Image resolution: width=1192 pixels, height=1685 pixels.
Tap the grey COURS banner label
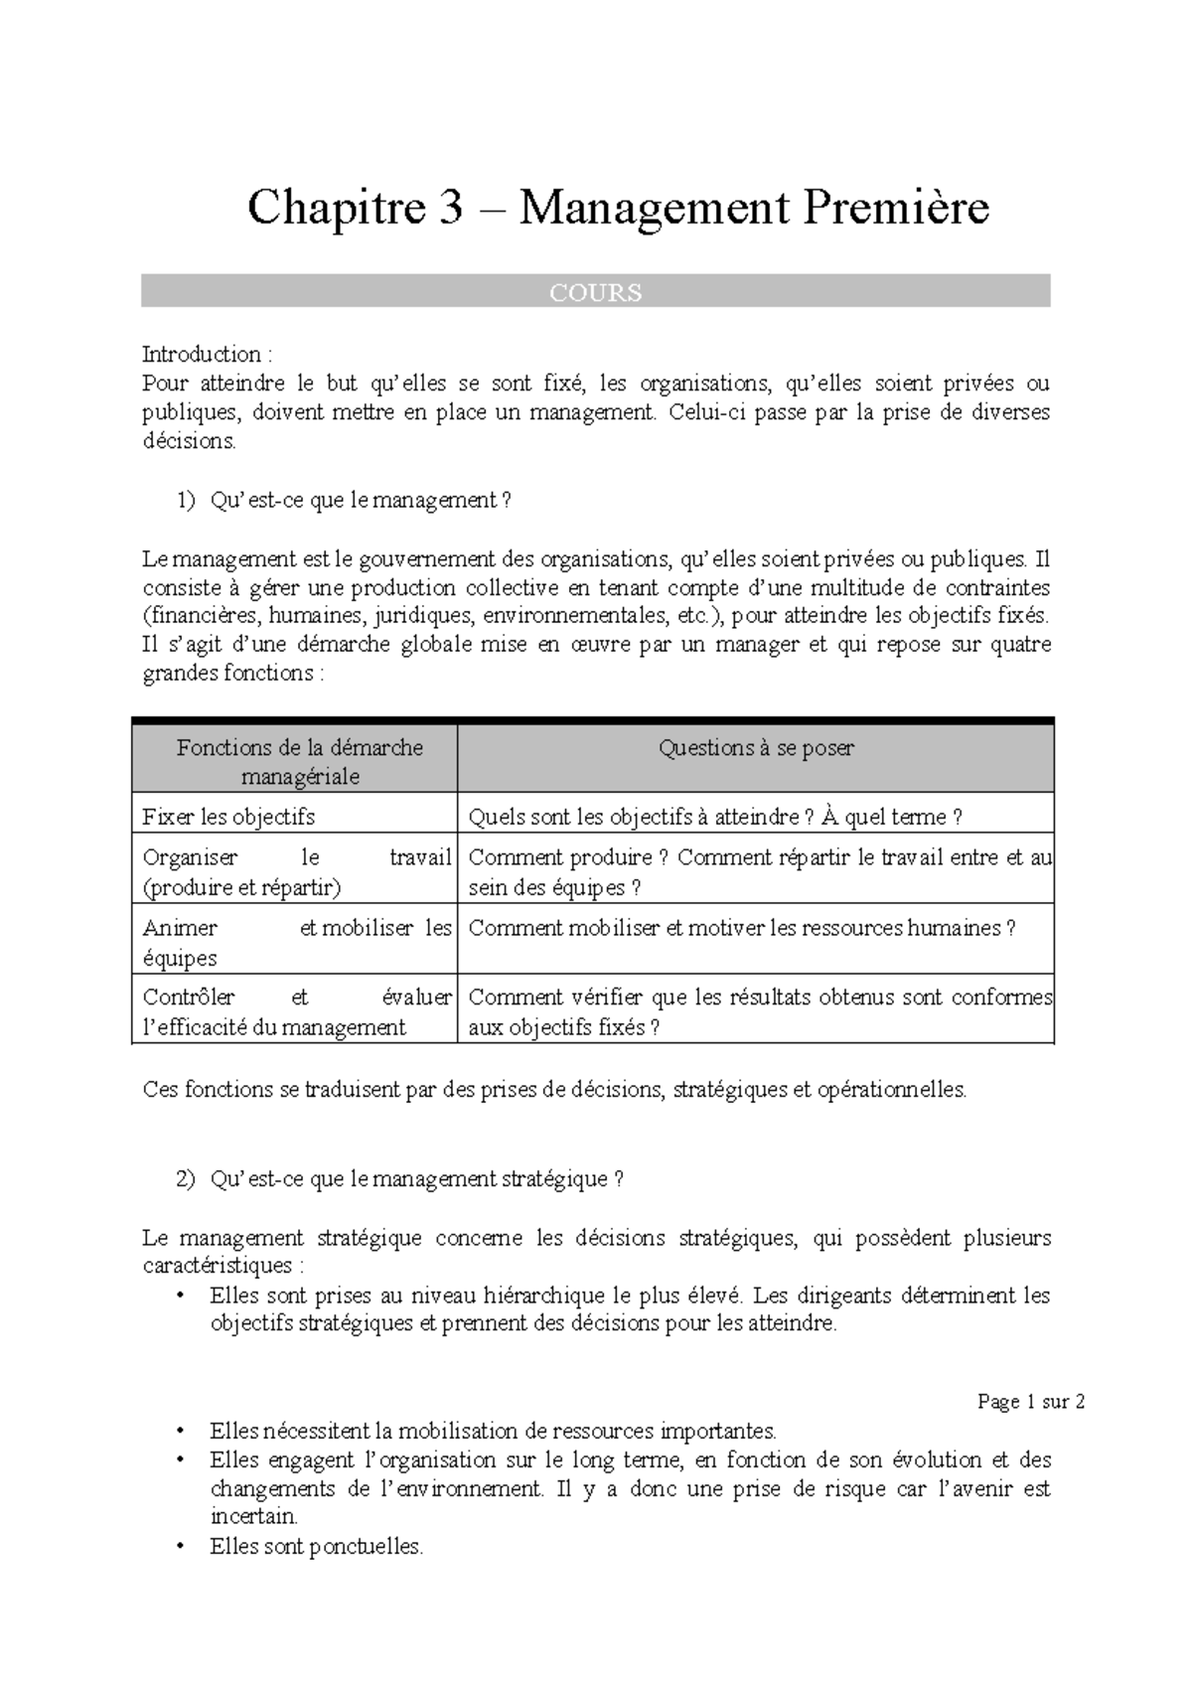point(596,292)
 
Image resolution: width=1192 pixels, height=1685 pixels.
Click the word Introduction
point(202,355)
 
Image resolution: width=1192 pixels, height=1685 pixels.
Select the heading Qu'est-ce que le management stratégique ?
point(416,1179)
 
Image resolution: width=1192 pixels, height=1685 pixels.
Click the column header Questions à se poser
point(755,748)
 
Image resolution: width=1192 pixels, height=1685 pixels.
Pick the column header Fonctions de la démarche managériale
point(299,762)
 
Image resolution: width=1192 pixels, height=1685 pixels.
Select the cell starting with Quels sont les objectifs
point(714,818)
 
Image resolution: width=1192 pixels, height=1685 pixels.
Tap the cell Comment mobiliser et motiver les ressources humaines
point(741,928)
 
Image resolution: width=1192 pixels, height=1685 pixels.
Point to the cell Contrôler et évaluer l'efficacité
point(296,1011)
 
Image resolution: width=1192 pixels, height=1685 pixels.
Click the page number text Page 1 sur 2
point(1031,1402)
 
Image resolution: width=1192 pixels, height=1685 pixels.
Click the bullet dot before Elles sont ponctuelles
point(180,1547)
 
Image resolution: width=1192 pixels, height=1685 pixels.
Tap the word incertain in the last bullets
point(253,1517)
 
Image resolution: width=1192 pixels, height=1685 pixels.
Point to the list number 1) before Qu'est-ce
point(188,502)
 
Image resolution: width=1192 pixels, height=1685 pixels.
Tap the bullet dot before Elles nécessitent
point(180,1432)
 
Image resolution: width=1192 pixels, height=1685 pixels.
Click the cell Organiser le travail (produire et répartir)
point(296,872)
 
